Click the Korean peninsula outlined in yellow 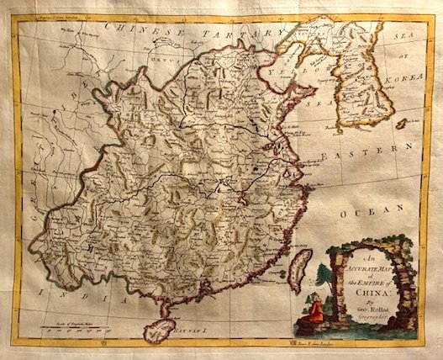click(x=370, y=80)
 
